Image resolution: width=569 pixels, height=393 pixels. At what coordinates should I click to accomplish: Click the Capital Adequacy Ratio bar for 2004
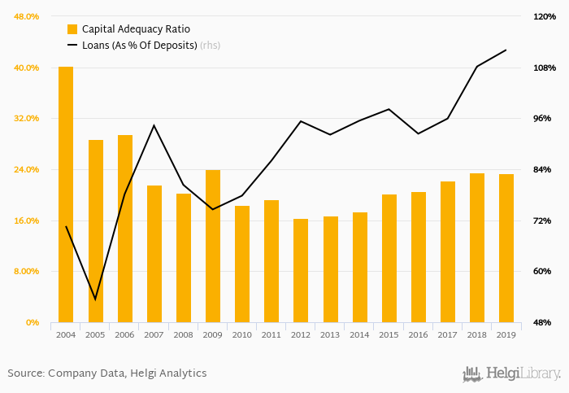click(x=66, y=194)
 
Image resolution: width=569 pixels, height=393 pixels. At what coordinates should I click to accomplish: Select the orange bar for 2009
click(x=213, y=246)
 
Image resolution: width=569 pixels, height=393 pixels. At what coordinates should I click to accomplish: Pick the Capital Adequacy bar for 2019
click(x=506, y=248)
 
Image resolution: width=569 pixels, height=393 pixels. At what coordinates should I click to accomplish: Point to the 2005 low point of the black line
click(x=95, y=299)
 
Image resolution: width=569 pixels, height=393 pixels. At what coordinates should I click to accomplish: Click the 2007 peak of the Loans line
click(x=154, y=125)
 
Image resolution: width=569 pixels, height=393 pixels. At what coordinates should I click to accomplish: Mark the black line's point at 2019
click(x=506, y=50)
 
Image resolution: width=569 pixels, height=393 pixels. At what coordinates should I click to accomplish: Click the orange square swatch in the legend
click(x=72, y=29)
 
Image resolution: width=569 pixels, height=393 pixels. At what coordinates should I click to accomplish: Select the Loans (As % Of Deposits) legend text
click(x=140, y=45)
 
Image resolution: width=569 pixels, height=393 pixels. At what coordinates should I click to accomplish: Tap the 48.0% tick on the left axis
click(x=27, y=16)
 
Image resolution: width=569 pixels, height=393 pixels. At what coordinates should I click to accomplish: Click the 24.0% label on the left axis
click(x=27, y=169)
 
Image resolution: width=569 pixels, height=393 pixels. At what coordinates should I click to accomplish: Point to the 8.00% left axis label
click(x=27, y=271)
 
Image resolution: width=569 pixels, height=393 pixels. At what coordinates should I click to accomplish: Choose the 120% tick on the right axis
click(x=544, y=16)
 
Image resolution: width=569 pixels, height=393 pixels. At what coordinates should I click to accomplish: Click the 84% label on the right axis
click(x=542, y=169)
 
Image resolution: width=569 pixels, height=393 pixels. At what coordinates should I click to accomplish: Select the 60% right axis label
click(x=542, y=271)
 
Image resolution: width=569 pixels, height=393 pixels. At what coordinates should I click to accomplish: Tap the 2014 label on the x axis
click(x=360, y=334)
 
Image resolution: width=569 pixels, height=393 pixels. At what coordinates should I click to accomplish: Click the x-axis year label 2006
click(x=124, y=334)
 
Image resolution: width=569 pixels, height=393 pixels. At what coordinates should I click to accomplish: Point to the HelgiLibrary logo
click(x=511, y=373)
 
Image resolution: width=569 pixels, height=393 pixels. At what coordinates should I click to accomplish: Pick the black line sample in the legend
click(x=72, y=45)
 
